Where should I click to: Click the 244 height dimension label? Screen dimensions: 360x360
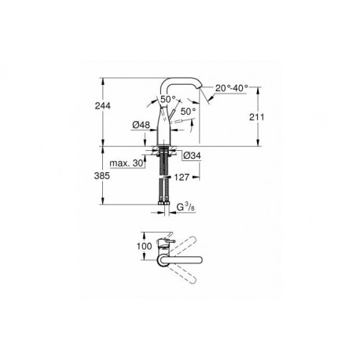[103, 106]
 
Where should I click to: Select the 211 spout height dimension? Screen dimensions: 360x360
[256, 117]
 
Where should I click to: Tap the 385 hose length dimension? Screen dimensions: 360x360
[102, 176]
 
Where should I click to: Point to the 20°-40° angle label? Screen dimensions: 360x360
[232, 88]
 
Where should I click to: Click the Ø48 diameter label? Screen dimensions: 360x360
[141, 125]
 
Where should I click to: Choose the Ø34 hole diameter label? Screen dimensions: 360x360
[192, 156]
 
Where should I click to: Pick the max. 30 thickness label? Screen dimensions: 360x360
[127, 163]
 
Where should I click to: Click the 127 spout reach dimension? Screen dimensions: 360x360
[182, 178]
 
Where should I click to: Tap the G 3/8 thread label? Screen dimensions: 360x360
[186, 208]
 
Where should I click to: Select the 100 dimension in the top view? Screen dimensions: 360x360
[145, 246]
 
